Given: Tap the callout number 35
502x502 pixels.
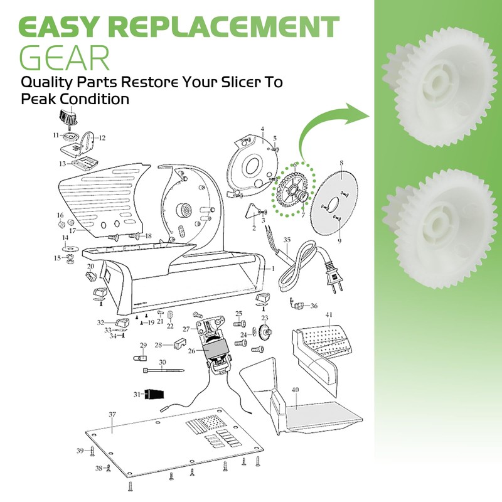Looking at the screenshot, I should tap(287, 240).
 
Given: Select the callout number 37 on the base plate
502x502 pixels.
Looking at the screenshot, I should tap(112, 414).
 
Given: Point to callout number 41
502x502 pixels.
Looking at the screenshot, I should tap(329, 314).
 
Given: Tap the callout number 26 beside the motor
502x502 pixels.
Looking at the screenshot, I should tap(192, 351).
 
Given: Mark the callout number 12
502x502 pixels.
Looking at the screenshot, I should tap(102, 137).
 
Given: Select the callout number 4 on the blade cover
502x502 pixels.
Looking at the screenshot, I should tap(264, 129).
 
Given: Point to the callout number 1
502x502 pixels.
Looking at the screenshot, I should tap(273, 267).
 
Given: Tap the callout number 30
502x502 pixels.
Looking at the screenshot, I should tap(162, 362).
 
